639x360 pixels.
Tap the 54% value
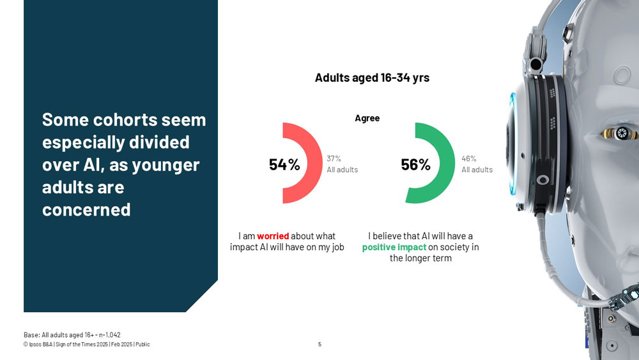[x=284, y=165]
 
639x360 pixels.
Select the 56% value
[x=416, y=165]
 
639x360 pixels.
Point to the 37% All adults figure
[x=343, y=164]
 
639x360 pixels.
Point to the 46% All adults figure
[x=477, y=164]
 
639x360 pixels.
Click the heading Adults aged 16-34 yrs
[x=372, y=77]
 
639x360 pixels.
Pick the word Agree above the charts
[x=367, y=118]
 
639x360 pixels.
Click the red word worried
[x=273, y=236]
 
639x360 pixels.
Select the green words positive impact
[x=394, y=247]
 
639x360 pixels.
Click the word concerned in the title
[x=86, y=210]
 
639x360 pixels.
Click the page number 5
[x=319, y=345]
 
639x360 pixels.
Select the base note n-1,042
[x=110, y=334]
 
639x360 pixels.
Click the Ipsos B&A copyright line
[x=87, y=345]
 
